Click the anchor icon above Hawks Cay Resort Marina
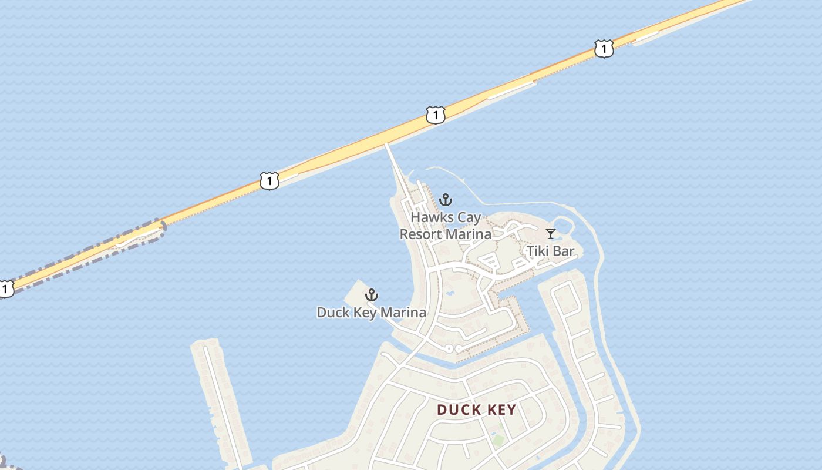point(446,200)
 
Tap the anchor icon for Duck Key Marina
point(371,294)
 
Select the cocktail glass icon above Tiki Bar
point(550,234)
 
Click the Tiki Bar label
point(550,251)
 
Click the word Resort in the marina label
point(420,234)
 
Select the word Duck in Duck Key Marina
point(333,313)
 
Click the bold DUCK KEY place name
point(476,409)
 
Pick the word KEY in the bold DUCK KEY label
point(500,409)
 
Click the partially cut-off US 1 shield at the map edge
point(5,288)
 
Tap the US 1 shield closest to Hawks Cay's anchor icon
point(435,115)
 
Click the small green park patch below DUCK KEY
point(498,439)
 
